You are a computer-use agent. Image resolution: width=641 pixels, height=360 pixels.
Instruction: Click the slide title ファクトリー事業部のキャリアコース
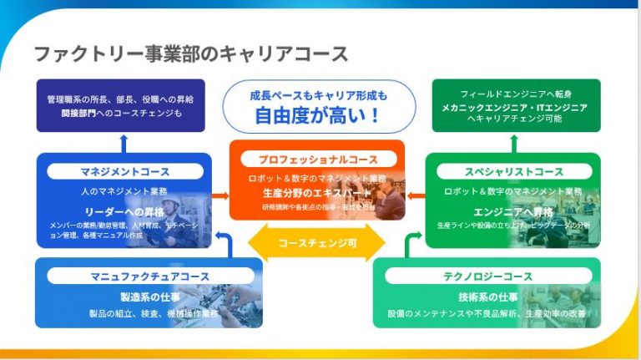[190, 54]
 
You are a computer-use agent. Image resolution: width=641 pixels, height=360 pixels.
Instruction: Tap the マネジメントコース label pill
[124, 172]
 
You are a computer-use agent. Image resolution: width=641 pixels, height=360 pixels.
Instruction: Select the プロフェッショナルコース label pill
[316, 159]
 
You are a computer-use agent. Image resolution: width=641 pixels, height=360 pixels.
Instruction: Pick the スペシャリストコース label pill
[513, 172]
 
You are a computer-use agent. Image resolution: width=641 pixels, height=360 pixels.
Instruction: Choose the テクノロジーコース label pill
[487, 276]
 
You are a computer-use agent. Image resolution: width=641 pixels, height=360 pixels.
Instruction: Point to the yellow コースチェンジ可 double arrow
[317, 243]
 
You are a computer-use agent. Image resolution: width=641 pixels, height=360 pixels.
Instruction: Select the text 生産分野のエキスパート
[317, 193]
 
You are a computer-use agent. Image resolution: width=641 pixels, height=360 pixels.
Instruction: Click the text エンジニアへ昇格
[513, 211]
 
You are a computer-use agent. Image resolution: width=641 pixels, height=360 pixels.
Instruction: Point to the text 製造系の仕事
[150, 297]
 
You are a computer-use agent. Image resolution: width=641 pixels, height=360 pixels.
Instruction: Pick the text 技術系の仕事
[487, 297]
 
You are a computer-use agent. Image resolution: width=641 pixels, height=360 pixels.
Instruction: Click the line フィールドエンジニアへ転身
[515, 94]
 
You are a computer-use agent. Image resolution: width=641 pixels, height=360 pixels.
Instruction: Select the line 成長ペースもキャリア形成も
[318, 96]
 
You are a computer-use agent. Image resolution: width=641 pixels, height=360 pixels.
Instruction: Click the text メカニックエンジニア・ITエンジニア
[515, 107]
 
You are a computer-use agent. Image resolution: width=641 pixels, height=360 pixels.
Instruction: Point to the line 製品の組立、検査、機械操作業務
[154, 314]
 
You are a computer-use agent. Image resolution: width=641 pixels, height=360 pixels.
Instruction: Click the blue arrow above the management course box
[124, 143]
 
